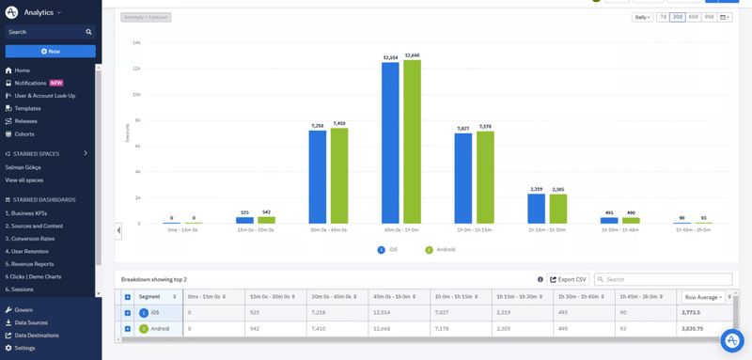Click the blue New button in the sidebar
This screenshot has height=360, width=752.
[x=52, y=51]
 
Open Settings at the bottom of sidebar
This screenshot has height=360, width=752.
[x=24, y=348]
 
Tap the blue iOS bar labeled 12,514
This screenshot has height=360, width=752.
[x=391, y=145]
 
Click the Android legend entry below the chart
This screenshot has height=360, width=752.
[x=441, y=250]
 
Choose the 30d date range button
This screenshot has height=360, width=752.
[x=677, y=17]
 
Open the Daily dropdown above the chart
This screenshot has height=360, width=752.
[x=642, y=17]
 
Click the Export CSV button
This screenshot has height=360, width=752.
[x=568, y=279]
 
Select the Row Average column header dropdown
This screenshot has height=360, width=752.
[x=704, y=296]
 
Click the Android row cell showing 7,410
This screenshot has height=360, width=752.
[x=337, y=329]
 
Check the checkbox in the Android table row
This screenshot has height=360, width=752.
[x=128, y=329]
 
